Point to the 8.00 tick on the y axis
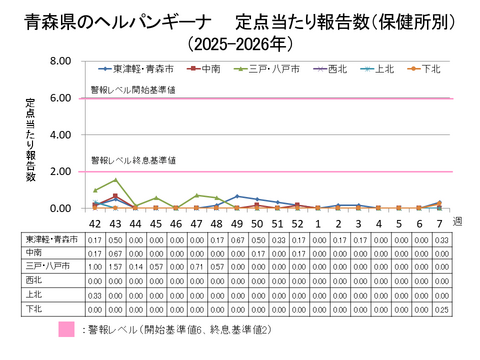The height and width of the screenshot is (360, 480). pyautogui.click(x=57, y=62)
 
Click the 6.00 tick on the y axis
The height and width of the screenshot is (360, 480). pyautogui.click(x=57, y=98)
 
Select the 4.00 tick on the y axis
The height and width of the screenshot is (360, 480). pyautogui.click(x=57, y=135)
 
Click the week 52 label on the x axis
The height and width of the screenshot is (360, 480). pyautogui.click(x=299, y=223)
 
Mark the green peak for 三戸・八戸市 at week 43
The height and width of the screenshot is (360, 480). pyautogui.click(x=115, y=180)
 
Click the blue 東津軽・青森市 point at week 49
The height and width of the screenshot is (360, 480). pyautogui.click(x=237, y=196)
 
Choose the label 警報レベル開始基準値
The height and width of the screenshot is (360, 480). pyautogui.click(x=135, y=90)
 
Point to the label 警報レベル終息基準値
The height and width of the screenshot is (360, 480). pyautogui.click(x=135, y=161)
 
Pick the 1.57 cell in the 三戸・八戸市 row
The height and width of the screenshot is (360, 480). pyautogui.click(x=115, y=268)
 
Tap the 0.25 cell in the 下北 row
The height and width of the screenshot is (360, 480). pyautogui.click(x=443, y=310)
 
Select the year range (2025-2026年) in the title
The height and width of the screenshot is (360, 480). pyautogui.click(x=239, y=43)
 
